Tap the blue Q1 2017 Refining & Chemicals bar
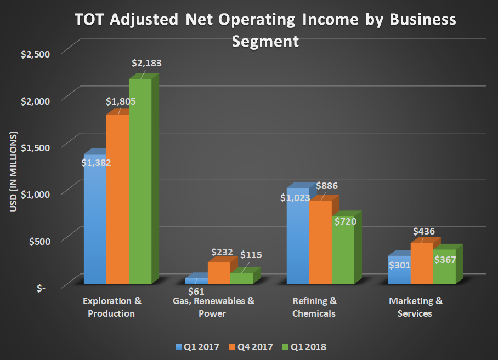click(298, 241)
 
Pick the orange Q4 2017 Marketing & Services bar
click(422, 263)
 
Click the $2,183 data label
click(146, 63)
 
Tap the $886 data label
click(327, 186)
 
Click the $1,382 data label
click(97, 163)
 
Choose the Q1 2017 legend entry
click(199, 346)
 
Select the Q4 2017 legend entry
click(252, 346)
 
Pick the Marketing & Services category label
click(416, 307)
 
